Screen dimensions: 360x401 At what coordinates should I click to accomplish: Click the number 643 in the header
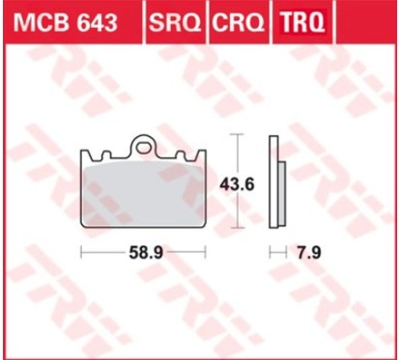(x=95, y=20)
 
